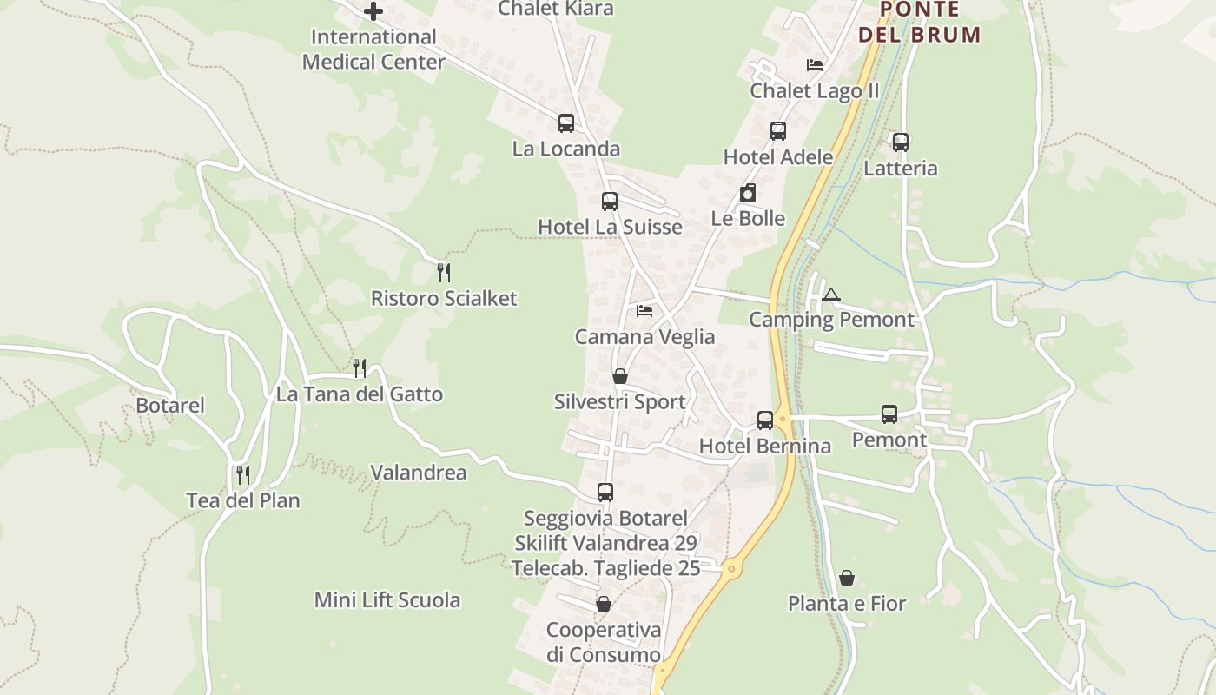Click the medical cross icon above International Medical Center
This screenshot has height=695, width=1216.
point(373,11)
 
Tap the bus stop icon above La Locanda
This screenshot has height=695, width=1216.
point(566,123)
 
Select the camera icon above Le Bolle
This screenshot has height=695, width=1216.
point(748,193)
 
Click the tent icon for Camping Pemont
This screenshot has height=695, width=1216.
point(831,295)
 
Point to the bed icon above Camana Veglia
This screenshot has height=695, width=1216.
point(644,310)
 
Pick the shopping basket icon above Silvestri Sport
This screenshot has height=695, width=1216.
point(620,376)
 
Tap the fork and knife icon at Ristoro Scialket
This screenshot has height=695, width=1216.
point(444,273)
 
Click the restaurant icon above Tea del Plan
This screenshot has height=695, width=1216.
point(243,474)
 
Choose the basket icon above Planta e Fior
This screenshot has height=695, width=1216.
point(847,578)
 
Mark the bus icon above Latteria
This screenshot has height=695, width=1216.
point(901,142)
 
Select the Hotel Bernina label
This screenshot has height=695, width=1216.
point(765,447)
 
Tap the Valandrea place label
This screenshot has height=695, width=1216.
point(419,473)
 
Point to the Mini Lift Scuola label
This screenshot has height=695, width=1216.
point(387,600)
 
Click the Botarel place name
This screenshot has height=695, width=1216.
point(170,406)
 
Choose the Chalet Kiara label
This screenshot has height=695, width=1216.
point(556,9)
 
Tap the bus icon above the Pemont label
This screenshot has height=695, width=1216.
point(889,414)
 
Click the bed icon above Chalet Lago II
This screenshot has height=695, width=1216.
point(815,64)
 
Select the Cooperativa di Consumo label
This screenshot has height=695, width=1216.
point(604,642)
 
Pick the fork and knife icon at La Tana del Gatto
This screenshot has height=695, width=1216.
point(360,368)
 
